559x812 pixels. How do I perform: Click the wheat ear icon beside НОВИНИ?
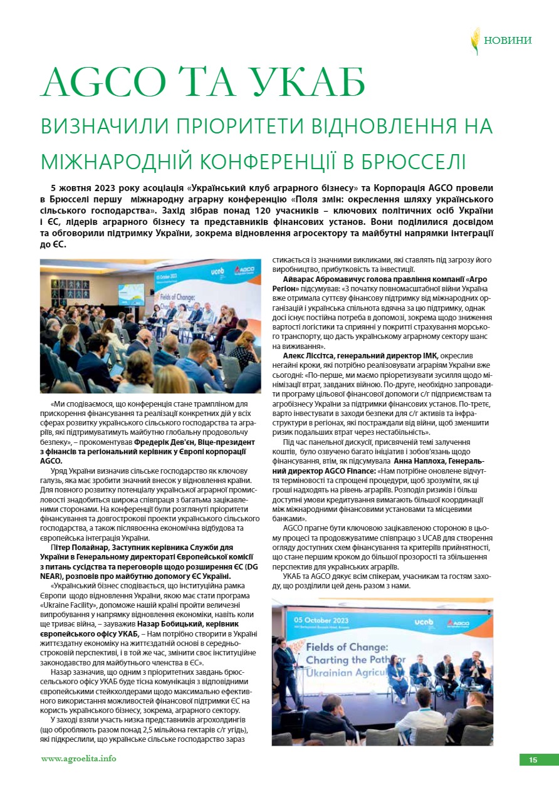(476, 40)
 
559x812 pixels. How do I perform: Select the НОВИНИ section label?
(508, 41)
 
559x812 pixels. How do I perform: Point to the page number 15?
(533, 760)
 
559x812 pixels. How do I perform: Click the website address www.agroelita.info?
(78, 758)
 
